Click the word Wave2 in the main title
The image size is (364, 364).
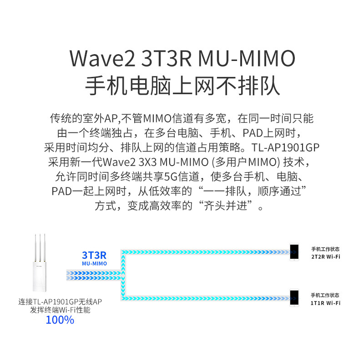pos(102,58)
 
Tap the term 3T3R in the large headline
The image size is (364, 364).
pos(166,58)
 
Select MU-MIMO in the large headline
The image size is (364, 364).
pos(247,58)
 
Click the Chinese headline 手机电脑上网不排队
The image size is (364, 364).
pos(182,86)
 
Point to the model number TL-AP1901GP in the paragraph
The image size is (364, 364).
pos(285,147)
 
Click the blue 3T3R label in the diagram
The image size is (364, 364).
pos(94,255)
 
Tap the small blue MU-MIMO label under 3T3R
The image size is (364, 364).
pos(94,263)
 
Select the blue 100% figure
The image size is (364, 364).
pos(60,320)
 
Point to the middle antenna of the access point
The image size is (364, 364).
pos(40,248)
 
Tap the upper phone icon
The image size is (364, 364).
pos(294,252)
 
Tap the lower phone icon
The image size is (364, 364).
pos(294,298)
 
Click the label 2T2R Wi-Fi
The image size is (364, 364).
pos(326,257)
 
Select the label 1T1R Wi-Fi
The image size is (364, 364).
pos(325,303)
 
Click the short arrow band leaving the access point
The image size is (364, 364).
pos(94,275)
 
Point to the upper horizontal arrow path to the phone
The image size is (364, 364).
pos(206,252)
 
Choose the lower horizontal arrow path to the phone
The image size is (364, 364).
pos(206,298)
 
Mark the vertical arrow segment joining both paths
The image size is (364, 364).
pos(123,275)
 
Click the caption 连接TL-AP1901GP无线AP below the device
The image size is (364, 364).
pos(60,302)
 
